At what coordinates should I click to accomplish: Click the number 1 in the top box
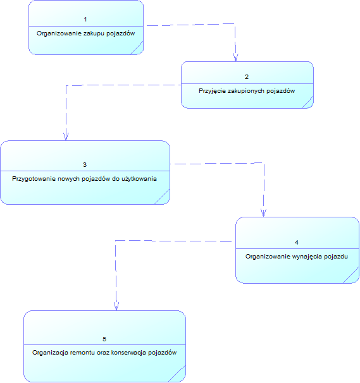[x=85, y=20]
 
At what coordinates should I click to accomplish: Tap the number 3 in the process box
[x=85, y=164]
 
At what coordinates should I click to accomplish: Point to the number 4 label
[x=297, y=242]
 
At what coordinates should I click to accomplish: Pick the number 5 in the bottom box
[x=104, y=339]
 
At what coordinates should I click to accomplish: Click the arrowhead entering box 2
[x=235, y=58]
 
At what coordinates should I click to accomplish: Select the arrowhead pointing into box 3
[x=66, y=137]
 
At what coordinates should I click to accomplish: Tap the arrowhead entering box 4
[x=263, y=213]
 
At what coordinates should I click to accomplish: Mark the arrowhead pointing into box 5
[x=116, y=307]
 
